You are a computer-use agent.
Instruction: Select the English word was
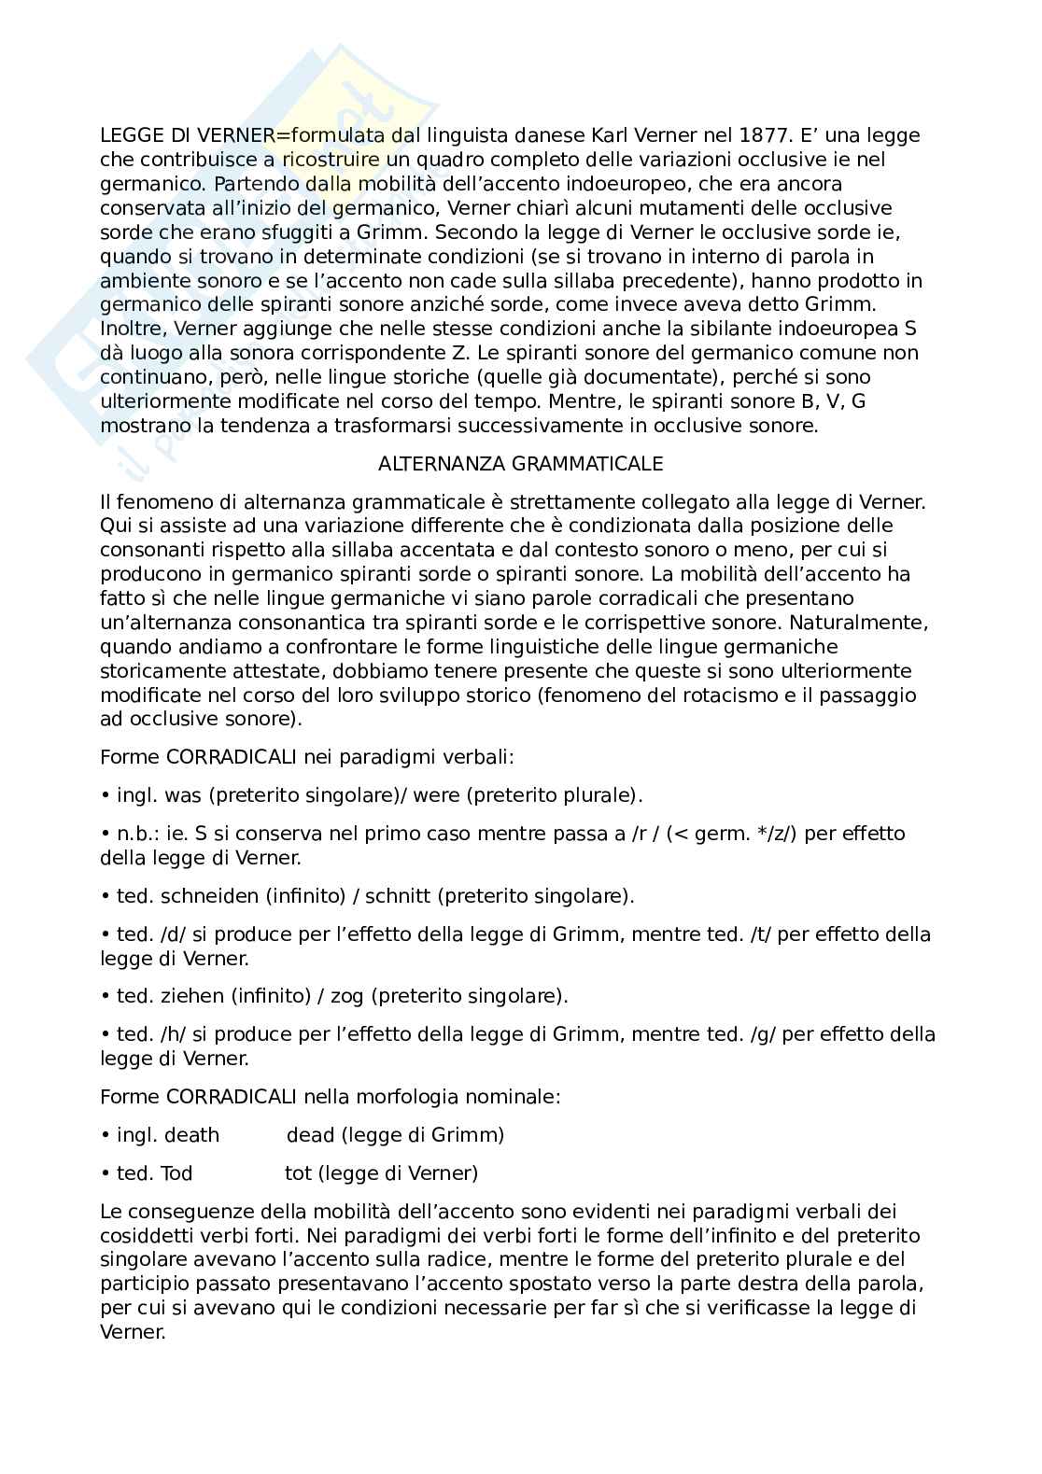coord(183,795)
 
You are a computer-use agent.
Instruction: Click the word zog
coord(348,996)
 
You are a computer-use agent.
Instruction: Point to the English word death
coord(191,1135)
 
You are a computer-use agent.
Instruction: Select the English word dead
coord(310,1135)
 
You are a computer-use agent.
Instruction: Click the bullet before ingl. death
coord(106,1136)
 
